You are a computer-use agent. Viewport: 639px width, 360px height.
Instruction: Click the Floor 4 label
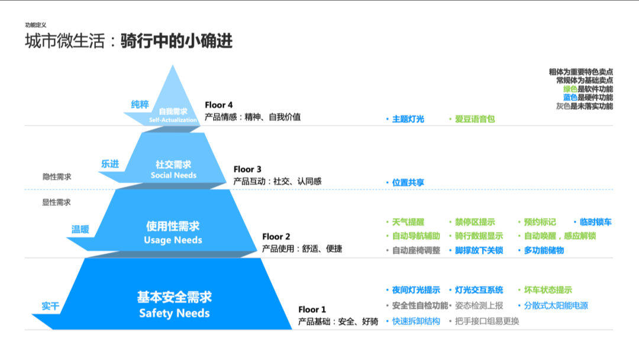click(219, 105)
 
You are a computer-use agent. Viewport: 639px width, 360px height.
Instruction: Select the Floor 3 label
click(247, 169)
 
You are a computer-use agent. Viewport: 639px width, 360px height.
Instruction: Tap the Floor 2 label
click(276, 237)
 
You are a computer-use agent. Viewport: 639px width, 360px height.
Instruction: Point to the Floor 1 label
click(312, 309)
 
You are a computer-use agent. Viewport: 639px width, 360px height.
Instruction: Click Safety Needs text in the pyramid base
click(174, 313)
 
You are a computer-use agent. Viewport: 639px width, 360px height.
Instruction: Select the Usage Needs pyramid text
click(173, 240)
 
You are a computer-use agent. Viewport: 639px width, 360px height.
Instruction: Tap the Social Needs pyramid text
click(173, 175)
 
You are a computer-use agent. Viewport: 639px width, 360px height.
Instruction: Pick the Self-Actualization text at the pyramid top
click(173, 120)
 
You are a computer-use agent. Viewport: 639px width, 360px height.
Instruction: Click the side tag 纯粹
click(140, 105)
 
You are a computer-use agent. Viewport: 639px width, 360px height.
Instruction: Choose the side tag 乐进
click(109, 164)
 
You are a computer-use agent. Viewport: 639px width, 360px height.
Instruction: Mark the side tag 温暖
click(80, 229)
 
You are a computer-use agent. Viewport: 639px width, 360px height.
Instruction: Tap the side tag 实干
click(50, 306)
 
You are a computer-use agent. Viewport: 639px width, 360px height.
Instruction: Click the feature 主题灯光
click(408, 119)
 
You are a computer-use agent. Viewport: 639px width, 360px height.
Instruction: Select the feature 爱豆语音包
click(475, 119)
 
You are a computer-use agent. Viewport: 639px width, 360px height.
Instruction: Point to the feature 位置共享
click(408, 183)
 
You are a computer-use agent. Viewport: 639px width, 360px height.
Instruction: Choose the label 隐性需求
click(56, 176)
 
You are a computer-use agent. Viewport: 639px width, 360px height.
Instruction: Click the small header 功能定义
click(35, 25)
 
